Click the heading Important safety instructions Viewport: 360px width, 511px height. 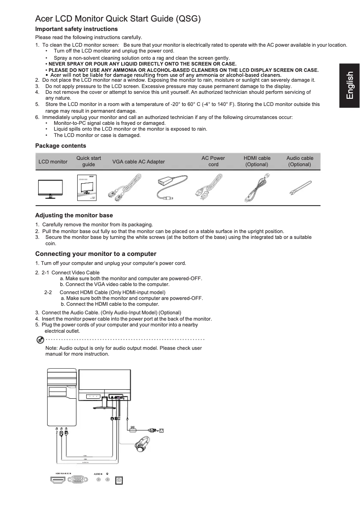pyautogui.click(x=76, y=29)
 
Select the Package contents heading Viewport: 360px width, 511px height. pyautogui.click(x=61, y=146)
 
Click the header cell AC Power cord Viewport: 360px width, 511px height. pyautogui.click(x=213, y=161)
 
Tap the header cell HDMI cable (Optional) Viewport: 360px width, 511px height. pyautogui.click(x=257, y=161)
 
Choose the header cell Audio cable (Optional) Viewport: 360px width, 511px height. pyautogui.click(x=300, y=161)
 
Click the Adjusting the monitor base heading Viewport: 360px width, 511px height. pyautogui.click(x=74, y=216)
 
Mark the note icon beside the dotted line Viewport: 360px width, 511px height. pyautogui.click(x=40, y=339)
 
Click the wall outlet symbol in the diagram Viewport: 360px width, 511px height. pyautogui.click(x=162, y=431)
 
